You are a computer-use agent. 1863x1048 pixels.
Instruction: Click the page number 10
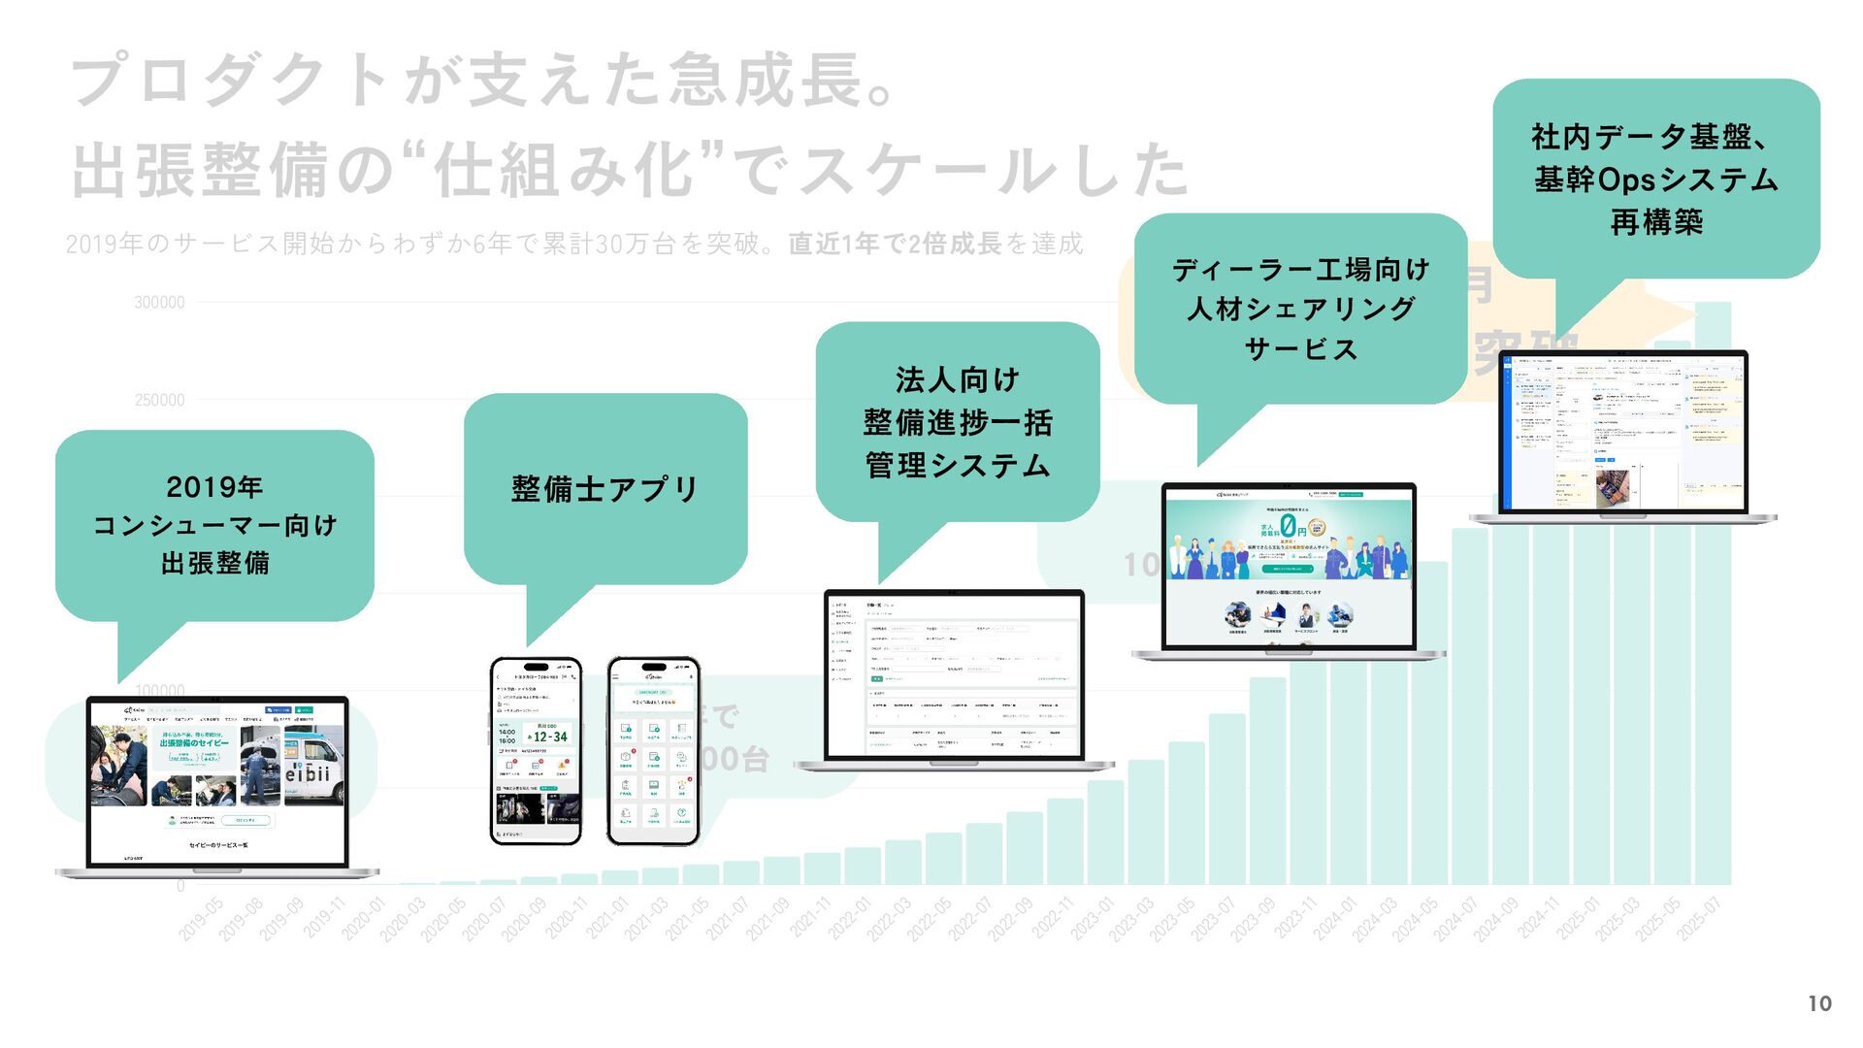tap(1819, 1003)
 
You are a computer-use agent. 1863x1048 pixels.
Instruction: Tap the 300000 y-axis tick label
tap(159, 303)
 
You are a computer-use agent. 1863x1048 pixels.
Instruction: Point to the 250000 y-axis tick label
tap(159, 400)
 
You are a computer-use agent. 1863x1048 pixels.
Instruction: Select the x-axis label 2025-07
tap(1699, 918)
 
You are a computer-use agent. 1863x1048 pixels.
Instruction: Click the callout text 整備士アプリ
tap(605, 488)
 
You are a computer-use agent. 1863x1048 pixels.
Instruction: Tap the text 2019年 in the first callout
tap(214, 486)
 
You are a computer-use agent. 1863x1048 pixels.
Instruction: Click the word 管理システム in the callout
tap(958, 465)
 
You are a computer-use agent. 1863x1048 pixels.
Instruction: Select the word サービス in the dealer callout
tap(1300, 348)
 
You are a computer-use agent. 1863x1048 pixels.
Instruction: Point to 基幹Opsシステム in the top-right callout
tap(1655, 180)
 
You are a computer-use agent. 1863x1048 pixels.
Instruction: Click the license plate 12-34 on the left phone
tap(550, 737)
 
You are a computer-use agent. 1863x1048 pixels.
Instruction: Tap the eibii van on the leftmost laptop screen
tap(310, 767)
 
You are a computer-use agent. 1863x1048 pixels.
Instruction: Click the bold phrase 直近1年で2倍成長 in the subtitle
tap(895, 244)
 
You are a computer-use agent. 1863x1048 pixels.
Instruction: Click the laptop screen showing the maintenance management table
tap(954, 675)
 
